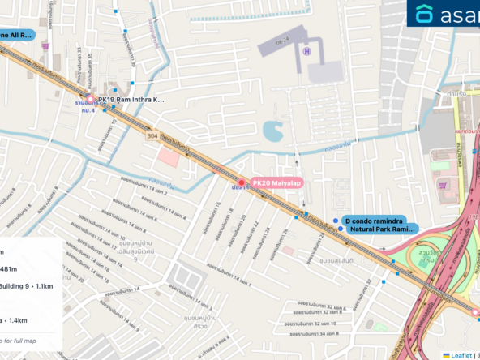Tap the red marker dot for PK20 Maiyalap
[241, 182]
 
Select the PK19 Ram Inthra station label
[131, 99]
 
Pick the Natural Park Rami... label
[379, 229]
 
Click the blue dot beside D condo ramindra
[335, 221]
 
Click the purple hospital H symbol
[306, 51]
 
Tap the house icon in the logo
[424, 14]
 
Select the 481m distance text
[9, 268]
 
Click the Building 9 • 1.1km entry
[27, 285]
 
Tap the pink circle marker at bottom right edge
[476, 311]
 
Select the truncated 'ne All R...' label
[16, 36]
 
